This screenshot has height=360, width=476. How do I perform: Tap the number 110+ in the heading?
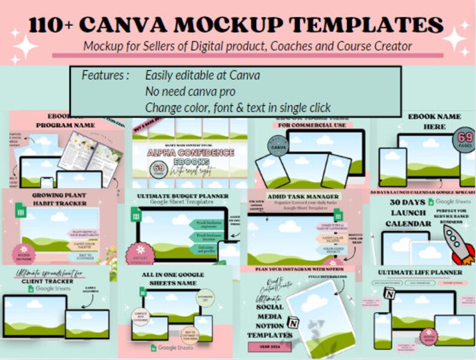pyautogui.click(x=49, y=25)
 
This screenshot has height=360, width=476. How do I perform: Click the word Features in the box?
pyautogui.click(x=106, y=76)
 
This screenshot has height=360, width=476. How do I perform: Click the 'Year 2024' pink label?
pyautogui.click(x=270, y=347)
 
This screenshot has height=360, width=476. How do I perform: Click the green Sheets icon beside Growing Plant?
pyautogui.click(x=18, y=210)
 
